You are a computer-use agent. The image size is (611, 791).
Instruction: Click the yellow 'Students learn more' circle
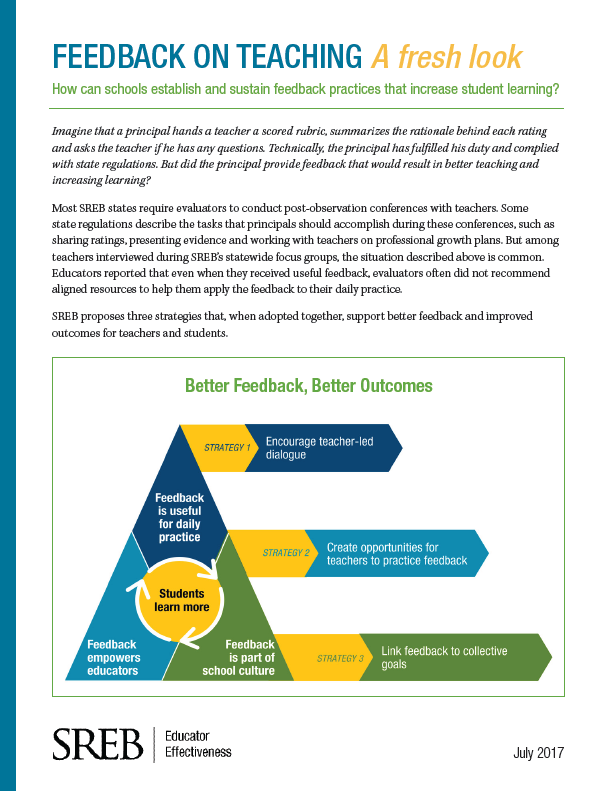pos(181,600)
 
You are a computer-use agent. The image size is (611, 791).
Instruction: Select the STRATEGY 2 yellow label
pos(276,553)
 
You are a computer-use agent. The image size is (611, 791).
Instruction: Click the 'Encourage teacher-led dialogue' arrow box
pos(324,448)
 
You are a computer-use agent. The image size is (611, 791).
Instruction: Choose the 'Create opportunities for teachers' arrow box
pos(397,553)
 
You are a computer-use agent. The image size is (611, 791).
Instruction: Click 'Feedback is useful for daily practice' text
pos(180,517)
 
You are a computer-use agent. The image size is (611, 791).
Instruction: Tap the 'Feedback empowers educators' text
pos(114,657)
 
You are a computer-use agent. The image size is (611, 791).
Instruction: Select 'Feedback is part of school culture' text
pos(239,657)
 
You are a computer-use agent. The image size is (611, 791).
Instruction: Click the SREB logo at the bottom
pos(98,744)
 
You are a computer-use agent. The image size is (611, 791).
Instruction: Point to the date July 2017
pos(538,753)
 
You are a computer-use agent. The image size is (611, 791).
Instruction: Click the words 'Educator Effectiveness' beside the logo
pos(198,744)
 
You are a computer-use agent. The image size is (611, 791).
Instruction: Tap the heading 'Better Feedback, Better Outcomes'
pos(309,386)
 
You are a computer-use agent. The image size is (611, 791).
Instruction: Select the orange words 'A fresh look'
pos(447,56)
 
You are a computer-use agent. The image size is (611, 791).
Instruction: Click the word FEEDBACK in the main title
pos(119,56)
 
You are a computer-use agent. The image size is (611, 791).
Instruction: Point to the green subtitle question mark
pos(556,89)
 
